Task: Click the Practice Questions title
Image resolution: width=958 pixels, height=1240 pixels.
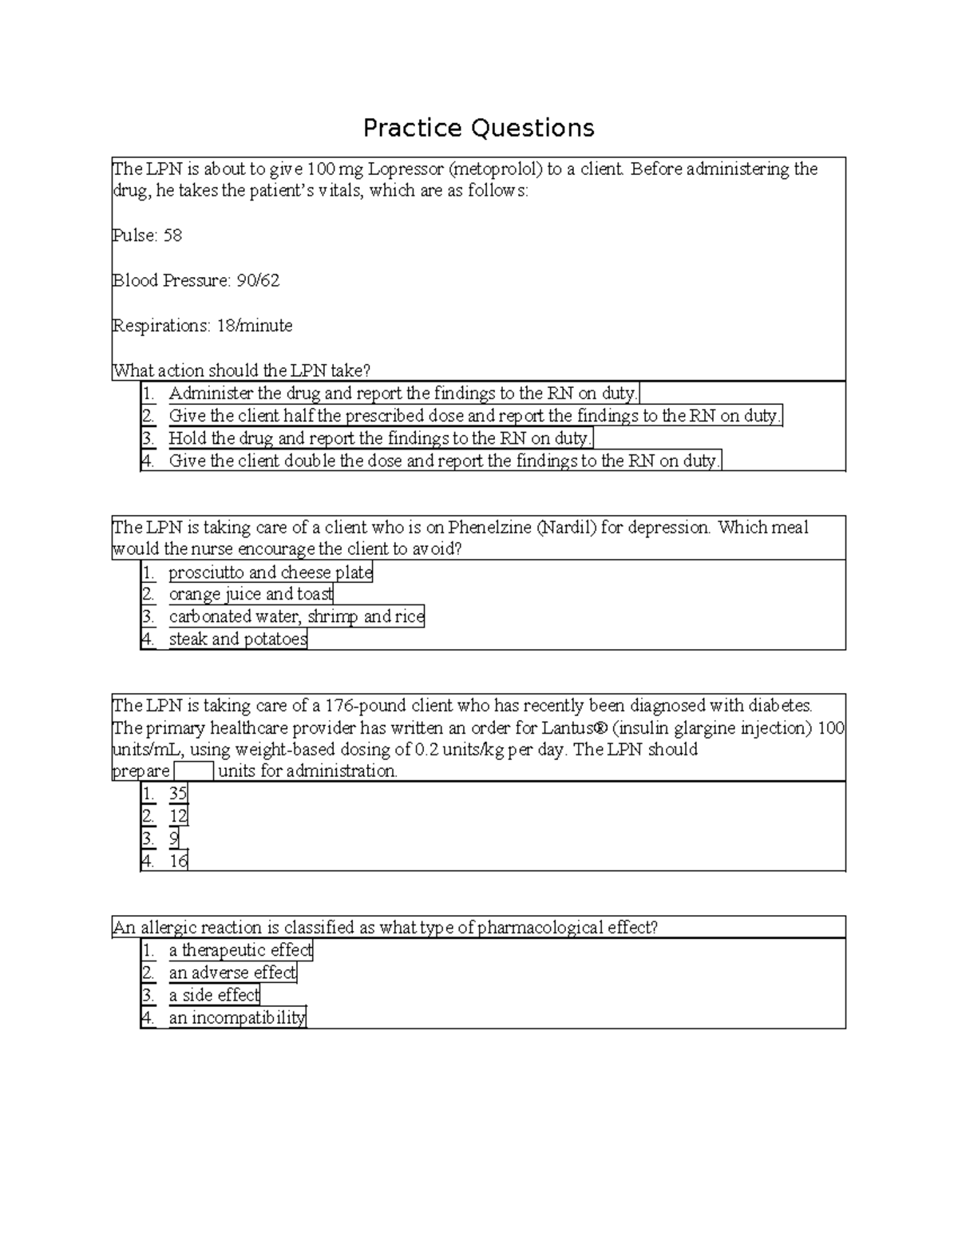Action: tap(478, 128)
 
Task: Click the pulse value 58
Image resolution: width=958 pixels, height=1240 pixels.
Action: tap(172, 236)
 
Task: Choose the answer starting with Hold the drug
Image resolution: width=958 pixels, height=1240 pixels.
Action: tap(379, 438)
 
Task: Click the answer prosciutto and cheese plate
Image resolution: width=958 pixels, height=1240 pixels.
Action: tap(270, 572)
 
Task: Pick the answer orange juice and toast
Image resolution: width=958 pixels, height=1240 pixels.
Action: tap(251, 594)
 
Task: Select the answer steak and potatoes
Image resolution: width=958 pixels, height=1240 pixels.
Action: tap(237, 639)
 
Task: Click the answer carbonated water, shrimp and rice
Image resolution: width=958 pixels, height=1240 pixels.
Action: tap(295, 616)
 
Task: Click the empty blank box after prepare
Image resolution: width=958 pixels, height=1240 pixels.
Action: tap(194, 771)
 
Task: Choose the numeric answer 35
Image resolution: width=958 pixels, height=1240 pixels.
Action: tap(177, 794)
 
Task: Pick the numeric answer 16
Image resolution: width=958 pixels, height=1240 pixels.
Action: tap(178, 861)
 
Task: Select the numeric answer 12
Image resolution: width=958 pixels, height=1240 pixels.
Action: tap(178, 816)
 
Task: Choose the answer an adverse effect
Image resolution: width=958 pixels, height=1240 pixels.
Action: tap(232, 973)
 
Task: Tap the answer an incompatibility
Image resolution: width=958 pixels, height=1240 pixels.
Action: tap(236, 1018)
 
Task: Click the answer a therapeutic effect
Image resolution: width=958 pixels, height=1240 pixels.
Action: tap(240, 950)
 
